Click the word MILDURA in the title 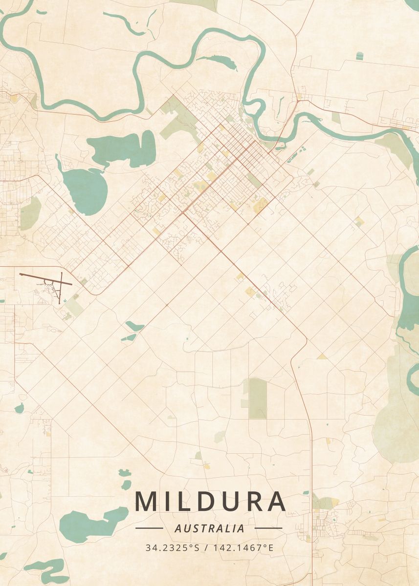pyautogui.click(x=210, y=501)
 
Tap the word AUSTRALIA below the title pyautogui.click(x=209, y=528)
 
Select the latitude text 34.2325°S pyautogui.click(x=173, y=547)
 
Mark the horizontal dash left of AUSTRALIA pyautogui.click(x=149, y=528)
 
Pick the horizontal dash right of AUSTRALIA pyautogui.click(x=268, y=528)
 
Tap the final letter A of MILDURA pyautogui.click(x=275, y=501)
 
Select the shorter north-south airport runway pyautogui.click(x=61, y=288)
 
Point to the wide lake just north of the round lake pyautogui.click(x=122, y=148)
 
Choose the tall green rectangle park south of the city pyautogui.click(x=258, y=398)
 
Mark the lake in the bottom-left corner pyautogui.click(x=46, y=567)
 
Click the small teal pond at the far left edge pyautogui.click(x=19, y=408)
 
